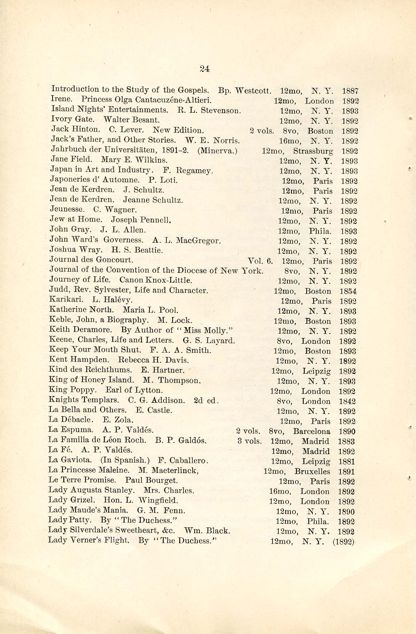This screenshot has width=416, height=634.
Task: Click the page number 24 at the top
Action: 205,69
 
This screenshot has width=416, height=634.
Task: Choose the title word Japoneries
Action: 69,180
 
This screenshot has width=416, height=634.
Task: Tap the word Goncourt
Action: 114,260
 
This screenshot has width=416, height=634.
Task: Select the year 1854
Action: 348,291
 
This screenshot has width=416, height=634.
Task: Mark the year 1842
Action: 347,402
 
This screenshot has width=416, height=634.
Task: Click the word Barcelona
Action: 311,432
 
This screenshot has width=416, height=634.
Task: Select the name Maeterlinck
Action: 175,470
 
